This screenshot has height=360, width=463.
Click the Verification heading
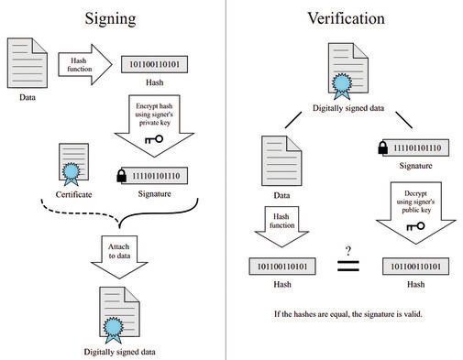pyautogui.click(x=346, y=17)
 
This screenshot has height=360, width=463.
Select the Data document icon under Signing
pyautogui.click(x=28, y=61)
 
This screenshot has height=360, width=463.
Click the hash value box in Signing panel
pyautogui.click(x=156, y=64)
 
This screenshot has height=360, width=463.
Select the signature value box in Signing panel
pyautogui.click(x=161, y=174)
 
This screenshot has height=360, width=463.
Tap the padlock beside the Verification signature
pyautogui.click(x=382, y=147)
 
